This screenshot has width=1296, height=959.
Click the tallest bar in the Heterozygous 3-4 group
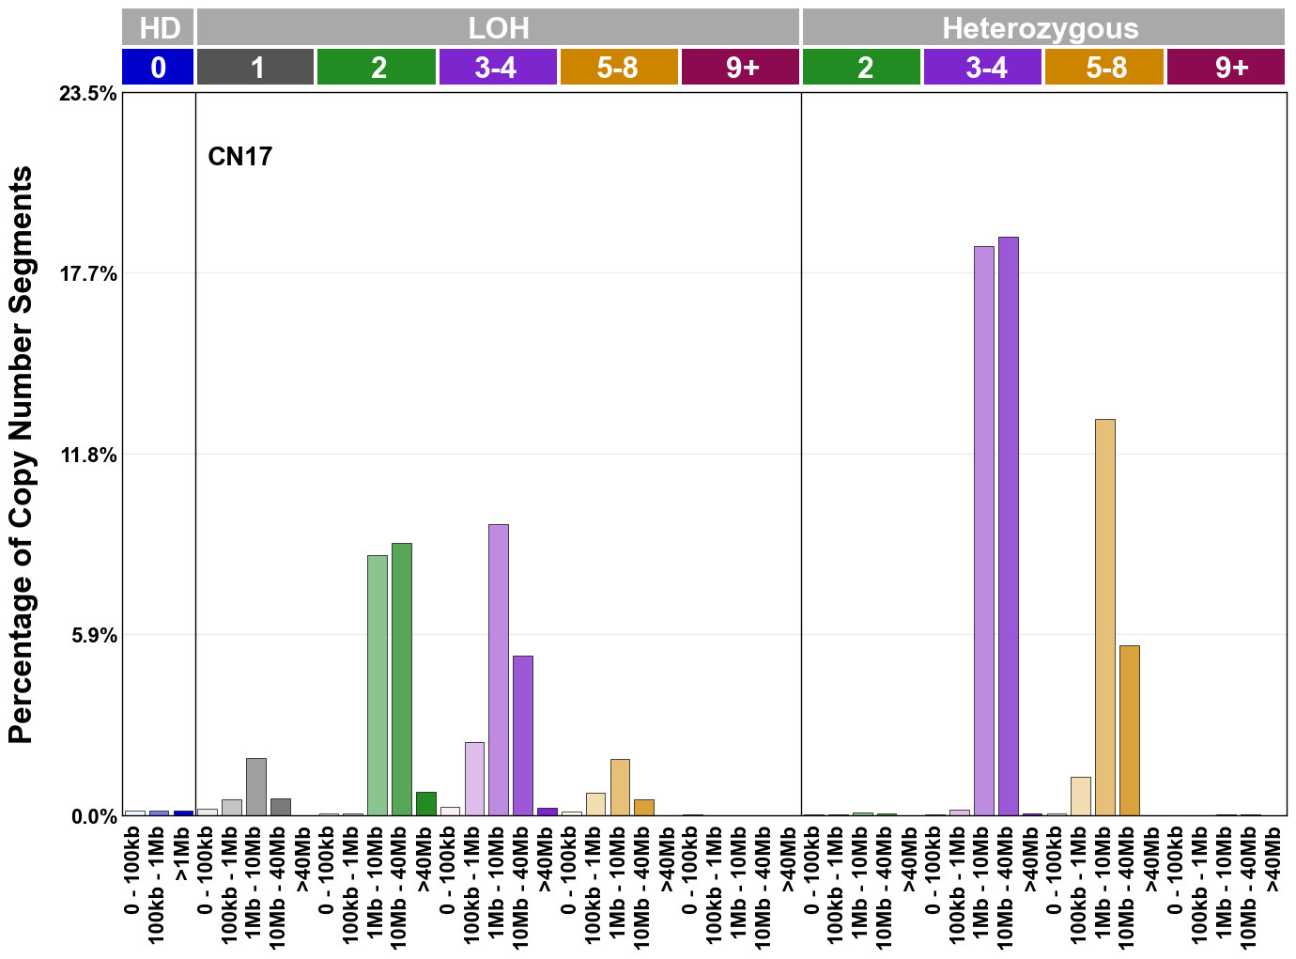(1008, 526)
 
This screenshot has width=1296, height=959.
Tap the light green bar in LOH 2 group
(377, 685)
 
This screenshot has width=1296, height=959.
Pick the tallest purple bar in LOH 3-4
(499, 670)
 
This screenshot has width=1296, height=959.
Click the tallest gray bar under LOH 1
(255, 786)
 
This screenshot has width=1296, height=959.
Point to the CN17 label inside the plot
(239, 156)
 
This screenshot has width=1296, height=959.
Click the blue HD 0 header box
(158, 68)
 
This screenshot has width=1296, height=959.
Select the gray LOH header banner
(498, 28)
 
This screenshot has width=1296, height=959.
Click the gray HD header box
(158, 28)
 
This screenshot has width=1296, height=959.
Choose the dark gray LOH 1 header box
(255, 68)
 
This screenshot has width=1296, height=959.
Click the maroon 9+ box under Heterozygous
(1226, 68)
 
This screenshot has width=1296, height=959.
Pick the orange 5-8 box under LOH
(619, 68)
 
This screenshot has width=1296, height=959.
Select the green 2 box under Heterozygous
(861, 68)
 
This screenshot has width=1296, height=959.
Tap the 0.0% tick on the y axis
(94, 816)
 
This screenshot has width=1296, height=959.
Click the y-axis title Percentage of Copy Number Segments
(21, 455)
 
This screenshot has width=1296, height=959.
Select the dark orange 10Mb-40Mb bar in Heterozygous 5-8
(1129, 730)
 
